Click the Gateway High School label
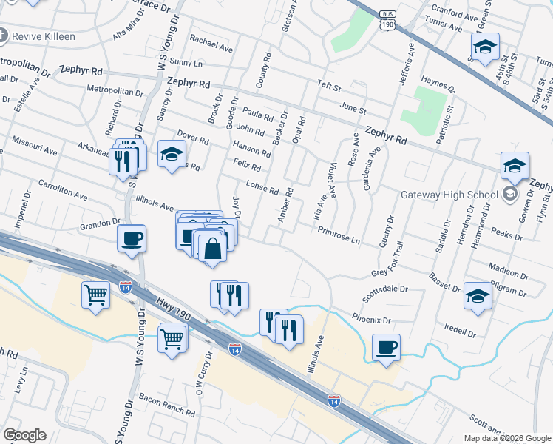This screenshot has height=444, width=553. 451,195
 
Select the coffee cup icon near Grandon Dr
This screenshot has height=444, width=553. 132,239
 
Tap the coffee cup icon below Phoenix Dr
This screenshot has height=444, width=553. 386,346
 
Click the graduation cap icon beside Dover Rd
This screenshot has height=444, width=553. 172,154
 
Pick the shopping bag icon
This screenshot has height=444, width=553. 212,248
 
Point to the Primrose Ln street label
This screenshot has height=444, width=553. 339,235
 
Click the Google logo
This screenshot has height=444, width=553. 24,435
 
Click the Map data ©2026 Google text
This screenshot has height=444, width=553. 506,438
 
